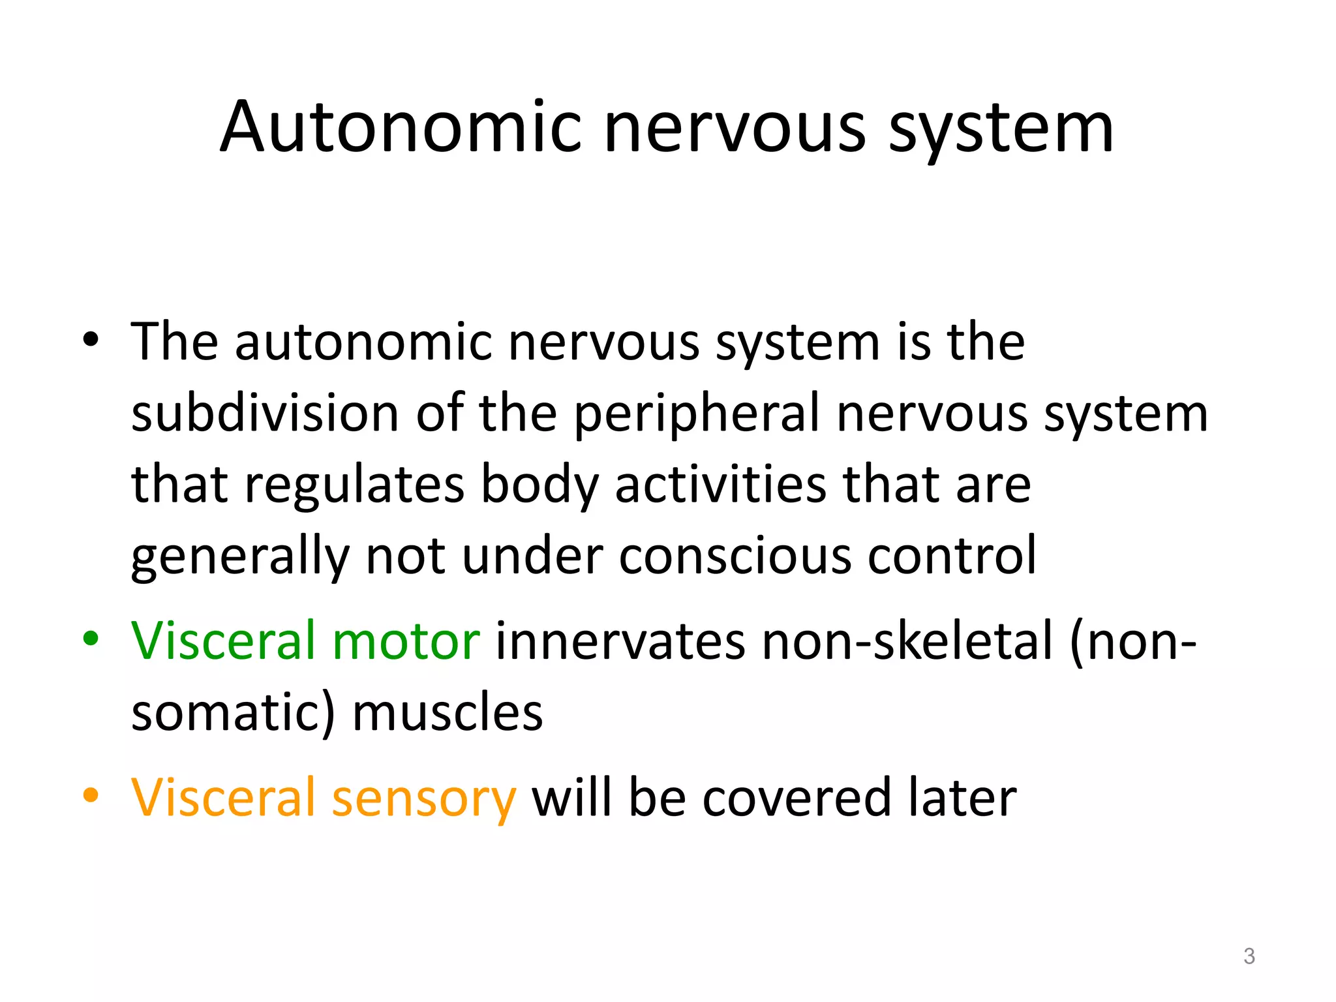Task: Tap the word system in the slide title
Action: pyautogui.click(x=1001, y=128)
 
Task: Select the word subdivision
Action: pyautogui.click(x=265, y=414)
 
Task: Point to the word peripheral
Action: pyautogui.click(x=697, y=415)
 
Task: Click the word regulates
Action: pyautogui.click(x=355, y=485)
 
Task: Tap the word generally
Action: pyautogui.click(x=240, y=557)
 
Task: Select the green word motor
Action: pyautogui.click(x=406, y=641)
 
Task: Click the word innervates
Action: pyautogui.click(x=620, y=641)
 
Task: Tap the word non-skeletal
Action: pyautogui.click(x=907, y=641)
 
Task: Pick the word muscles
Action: pyautogui.click(x=448, y=712)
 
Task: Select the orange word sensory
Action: pyautogui.click(x=424, y=798)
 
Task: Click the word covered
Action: pyautogui.click(x=796, y=797)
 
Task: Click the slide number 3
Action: pyautogui.click(x=1249, y=956)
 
